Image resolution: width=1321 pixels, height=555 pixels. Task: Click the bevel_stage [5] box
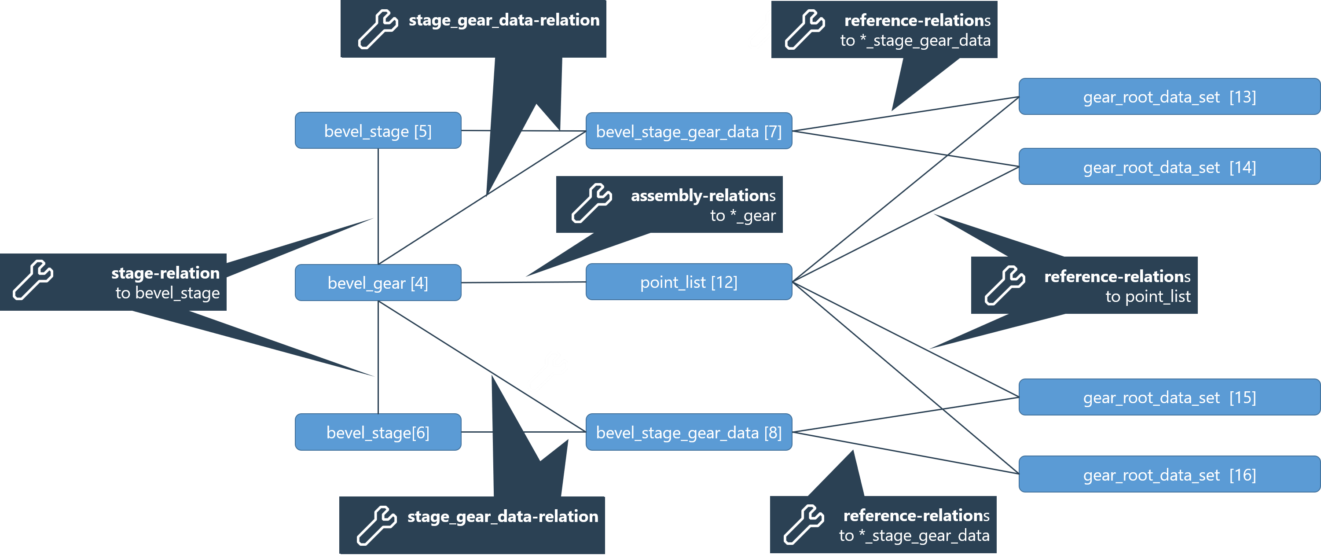pyautogui.click(x=378, y=131)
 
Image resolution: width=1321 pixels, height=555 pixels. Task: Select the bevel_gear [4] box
pyautogui.click(x=378, y=283)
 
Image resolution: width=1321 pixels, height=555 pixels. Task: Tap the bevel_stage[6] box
pyautogui.click(x=378, y=432)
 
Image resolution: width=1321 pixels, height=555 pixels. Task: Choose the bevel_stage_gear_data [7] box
pyautogui.click(x=689, y=131)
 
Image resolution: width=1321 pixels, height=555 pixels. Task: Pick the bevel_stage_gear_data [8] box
pyautogui.click(x=689, y=432)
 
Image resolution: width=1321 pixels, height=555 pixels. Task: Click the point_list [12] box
pyautogui.click(x=689, y=282)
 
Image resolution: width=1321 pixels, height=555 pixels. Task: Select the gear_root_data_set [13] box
pyautogui.click(x=1169, y=96)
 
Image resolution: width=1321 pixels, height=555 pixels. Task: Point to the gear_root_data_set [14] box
pyautogui.click(x=1169, y=167)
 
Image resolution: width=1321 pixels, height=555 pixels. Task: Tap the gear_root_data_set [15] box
pyautogui.click(x=1169, y=397)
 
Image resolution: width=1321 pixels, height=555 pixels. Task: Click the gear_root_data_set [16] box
pyautogui.click(x=1169, y=474)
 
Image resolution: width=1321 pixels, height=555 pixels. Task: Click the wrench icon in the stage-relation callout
pyautogui.click(x=33, y=279)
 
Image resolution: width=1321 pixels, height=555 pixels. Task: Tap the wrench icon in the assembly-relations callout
pyautogui.click(x=592, y=203)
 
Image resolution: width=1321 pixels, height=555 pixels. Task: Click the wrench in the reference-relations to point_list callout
pyautogui.click(x=1005, y=285)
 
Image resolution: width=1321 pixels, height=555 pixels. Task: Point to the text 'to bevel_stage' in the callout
pyautogui.click(x=167, y=293)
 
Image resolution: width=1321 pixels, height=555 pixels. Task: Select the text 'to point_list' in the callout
pyautogui.click(x=1148, y=297)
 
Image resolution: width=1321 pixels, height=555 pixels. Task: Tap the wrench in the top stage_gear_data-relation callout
pyautogui.click(x=378, y=29)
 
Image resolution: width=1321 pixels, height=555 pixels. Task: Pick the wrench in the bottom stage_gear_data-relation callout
pyautogui.click(x=377, y=525)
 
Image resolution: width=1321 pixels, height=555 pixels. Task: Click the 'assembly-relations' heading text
pyautogui.click(x=703, y=195)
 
